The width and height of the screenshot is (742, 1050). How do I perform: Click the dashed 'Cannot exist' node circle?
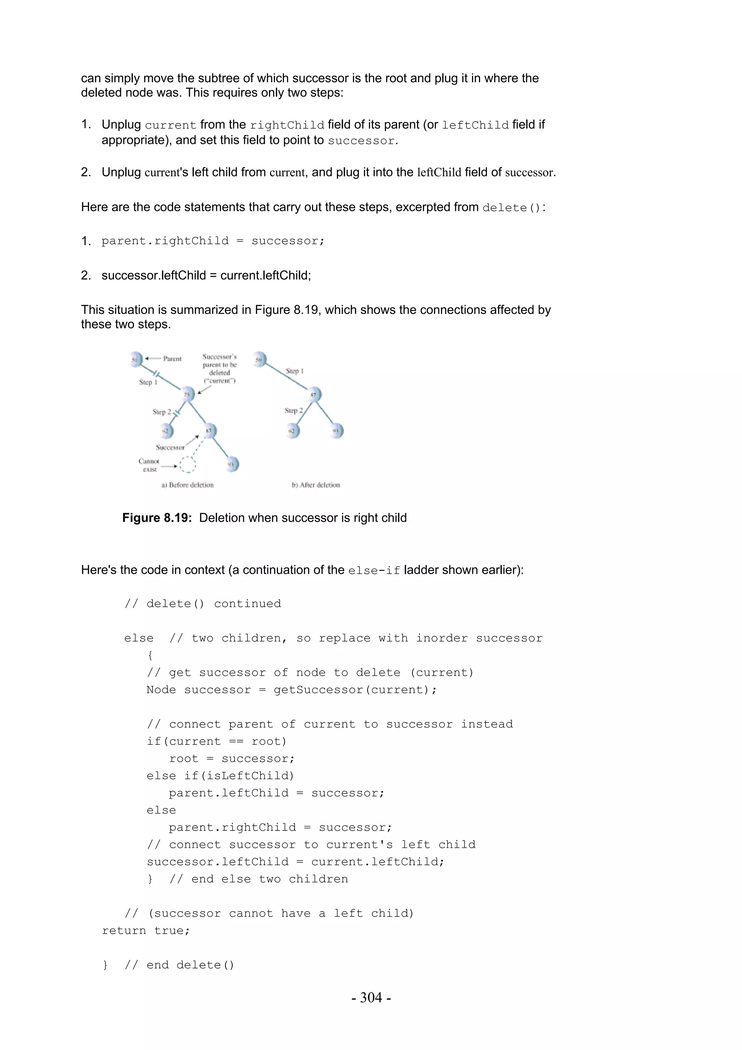pos(187,464)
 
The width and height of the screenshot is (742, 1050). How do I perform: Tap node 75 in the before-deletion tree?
pos(187,394)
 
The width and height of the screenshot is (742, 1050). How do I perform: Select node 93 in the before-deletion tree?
pos(232,464)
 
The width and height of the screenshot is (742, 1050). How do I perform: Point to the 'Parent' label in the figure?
pos(172,359)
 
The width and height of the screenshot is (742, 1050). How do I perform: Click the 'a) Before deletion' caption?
pos(187,485)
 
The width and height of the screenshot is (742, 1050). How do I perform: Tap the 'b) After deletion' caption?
pos(316,485)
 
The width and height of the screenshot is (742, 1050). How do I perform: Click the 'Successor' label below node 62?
pos(170,447)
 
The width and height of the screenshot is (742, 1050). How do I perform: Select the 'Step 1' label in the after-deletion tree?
pos(295,371)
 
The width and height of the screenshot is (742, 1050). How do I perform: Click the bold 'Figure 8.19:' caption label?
pos(157,518)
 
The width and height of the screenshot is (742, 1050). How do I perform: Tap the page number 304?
pos(371,997)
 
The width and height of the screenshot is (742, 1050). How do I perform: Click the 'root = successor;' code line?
pos(232,759)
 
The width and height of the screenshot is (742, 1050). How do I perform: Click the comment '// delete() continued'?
pos(203,604)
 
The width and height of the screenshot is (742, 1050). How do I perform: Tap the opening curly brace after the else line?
pos(150,655)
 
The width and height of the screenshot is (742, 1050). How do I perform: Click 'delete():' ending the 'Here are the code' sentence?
pos(513,208)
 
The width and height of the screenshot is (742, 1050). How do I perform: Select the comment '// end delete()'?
pos(179,965)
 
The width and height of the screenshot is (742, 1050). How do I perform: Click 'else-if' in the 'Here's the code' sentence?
pos(374,571)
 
